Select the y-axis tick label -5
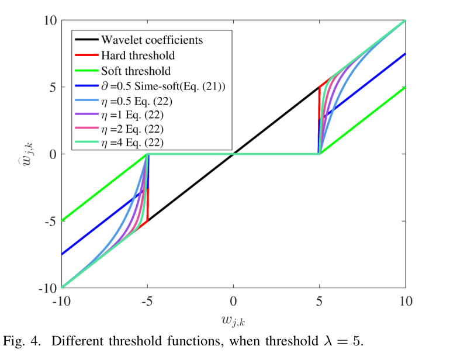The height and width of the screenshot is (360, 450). (x=49, y=221)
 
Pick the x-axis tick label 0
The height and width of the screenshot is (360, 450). (x=233, y=302)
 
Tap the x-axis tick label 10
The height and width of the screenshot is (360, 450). (x=405, y=302)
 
